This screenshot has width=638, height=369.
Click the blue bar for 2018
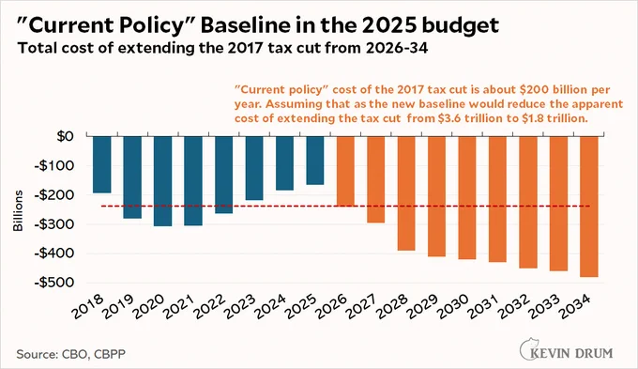tap(101, 164)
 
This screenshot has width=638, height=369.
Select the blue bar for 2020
tap(162, 181)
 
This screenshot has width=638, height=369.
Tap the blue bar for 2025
tap(315, 160)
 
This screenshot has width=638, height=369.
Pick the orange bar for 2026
tap(345, 171)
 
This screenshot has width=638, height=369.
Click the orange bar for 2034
tap(589, 207)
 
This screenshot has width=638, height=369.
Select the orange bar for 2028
tap(406, 193)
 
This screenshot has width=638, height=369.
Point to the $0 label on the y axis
tap(65, 136)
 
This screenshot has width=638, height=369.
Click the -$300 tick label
tap(54, 224)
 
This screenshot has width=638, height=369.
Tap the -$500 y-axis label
tap(54, 283)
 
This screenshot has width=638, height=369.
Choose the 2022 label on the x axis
tap(210, 306)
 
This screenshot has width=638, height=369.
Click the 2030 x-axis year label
tap(453, 306)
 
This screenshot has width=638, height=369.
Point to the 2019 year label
tap(118, 306)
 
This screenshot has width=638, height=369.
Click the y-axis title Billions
tap(18, 211)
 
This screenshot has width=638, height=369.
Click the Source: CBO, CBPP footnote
tap(70, 354)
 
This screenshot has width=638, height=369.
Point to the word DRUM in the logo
tap(596, 353)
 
